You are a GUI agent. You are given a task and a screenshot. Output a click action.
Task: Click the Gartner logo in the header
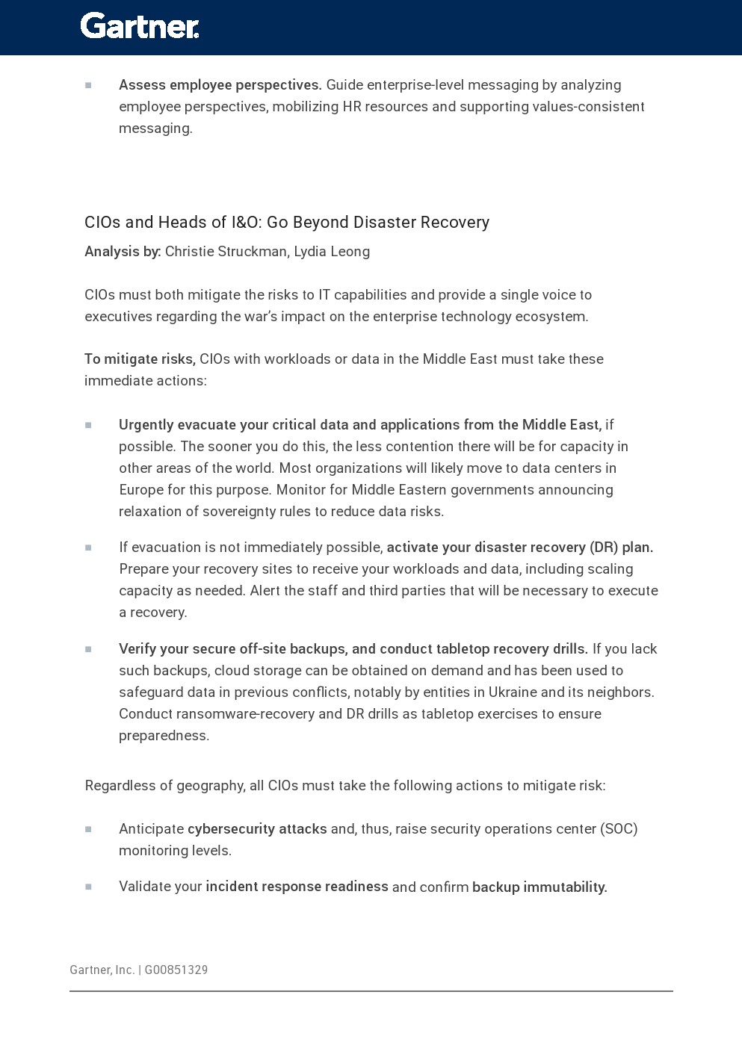[140, 26]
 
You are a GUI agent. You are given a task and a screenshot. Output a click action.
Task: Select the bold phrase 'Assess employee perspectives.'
[220, 85]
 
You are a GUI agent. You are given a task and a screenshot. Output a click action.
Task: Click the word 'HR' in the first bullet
[352, 107]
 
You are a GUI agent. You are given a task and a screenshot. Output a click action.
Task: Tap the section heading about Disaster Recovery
[287, 223]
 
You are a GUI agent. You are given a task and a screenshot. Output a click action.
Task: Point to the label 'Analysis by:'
[123, 252]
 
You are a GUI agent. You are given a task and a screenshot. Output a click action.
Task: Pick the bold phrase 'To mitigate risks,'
[140, 359]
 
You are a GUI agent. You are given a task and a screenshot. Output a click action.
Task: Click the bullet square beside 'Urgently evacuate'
[88, 425]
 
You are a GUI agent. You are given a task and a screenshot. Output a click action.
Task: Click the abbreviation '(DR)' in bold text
[604, 548]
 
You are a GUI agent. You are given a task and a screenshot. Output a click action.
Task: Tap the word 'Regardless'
[119, 786]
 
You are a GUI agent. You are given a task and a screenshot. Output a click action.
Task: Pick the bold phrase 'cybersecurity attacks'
[257, 829]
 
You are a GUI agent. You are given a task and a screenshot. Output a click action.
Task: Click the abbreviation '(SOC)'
[619, 829]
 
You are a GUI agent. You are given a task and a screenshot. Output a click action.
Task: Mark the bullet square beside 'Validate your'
[88, 887]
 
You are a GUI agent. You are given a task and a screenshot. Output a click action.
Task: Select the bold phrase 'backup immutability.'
[540, 887]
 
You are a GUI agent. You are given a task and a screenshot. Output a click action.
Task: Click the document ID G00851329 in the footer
[176, 970]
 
